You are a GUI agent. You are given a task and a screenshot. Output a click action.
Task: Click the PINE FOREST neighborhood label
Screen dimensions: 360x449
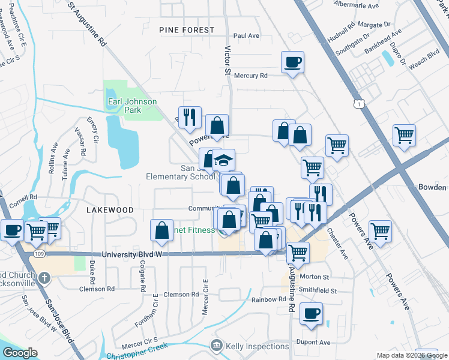pos(187,30)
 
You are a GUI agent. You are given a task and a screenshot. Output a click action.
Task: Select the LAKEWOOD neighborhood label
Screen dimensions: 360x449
pos(110,210)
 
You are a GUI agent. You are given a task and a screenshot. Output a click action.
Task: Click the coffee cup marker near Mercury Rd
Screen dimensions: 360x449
pos(293,62)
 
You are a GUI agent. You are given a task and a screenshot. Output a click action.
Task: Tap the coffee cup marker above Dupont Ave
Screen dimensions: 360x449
pos(311,314)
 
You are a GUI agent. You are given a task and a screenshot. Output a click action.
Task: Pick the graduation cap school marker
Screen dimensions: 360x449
pos(223,160)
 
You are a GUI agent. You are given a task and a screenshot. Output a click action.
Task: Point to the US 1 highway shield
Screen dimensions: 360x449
pos(359,104)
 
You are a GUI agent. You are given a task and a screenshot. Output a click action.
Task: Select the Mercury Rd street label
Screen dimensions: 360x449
pos(250,76)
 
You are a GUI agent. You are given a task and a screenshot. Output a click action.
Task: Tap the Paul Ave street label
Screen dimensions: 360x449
pos(246,36)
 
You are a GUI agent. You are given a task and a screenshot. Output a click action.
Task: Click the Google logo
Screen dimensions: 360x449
pos(20,353)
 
